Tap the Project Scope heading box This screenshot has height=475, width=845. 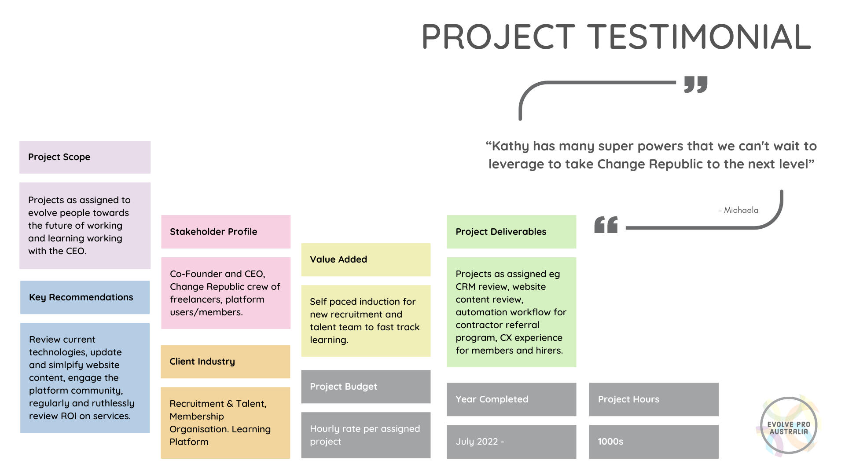pyautogui.click(x=85, y=157)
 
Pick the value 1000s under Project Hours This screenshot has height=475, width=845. pyautogui.click(x=610, y=442)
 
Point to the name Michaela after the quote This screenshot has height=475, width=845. pyautogui.click(x=741, y=210)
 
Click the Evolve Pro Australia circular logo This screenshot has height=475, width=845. pyautogui.click(x=788, y=425)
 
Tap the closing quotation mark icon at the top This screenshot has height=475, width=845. pyautogui.click(x=696, y=84)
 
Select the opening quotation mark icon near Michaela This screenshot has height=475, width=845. pyautogui.click(x=606, y=225)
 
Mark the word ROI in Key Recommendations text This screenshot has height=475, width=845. pyautogui.click(x=69, y=416)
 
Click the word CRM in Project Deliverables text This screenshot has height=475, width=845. pyautogui.click(x=466, y=287)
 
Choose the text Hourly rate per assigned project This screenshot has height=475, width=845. pyautogui.click(x=365, y=435)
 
